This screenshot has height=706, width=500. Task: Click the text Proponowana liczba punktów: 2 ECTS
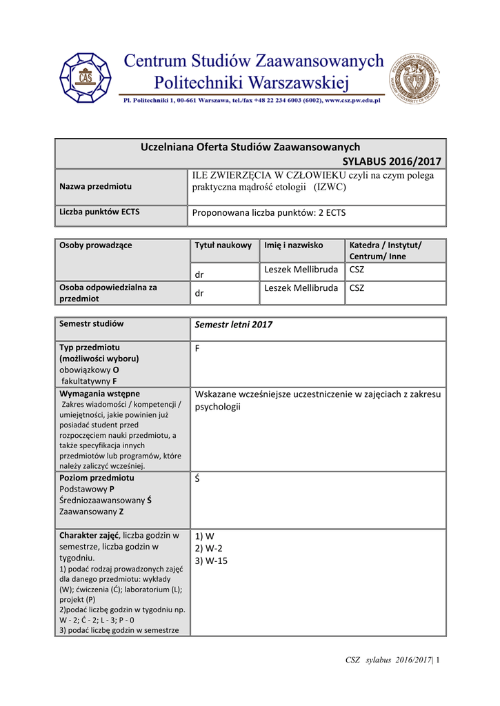(x=268, y=213)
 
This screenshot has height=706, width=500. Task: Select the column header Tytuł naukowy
(x=223, y=245)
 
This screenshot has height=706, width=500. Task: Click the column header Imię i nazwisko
(x=293, y=245)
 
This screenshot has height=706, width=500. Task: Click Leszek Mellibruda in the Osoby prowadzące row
(x=301, y=269)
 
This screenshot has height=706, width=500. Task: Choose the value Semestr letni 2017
(x=234, y=325)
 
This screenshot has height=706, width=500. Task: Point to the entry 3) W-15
(x=211, y=561)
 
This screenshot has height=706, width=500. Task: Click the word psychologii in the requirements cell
(x=218, y=407)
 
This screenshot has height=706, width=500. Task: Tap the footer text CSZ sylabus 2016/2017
(x=389, y=661)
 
